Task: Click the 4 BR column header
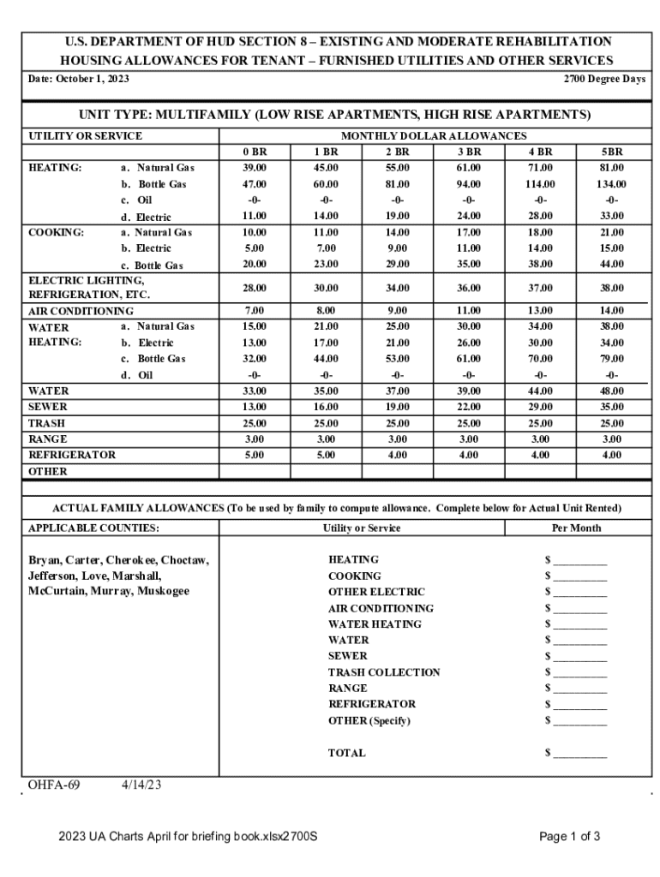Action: point(540,152)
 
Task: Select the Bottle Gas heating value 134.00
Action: point(611,184)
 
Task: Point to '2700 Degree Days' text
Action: point(604,79)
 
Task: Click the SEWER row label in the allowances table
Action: point(48,407)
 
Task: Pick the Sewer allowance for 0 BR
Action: point(255,407)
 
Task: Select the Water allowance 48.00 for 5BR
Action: point(611,391)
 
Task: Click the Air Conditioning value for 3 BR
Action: point(468,311)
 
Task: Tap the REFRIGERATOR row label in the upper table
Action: point(72,455)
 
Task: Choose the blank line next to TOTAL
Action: point(579,754)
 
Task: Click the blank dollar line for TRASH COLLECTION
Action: point(579,673)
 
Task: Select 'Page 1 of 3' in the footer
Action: point(569,837)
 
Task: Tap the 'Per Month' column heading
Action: point(575,528)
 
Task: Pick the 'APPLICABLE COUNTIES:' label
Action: point(93,528)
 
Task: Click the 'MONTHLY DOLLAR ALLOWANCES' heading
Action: point(434,136)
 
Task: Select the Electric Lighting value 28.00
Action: point(255,288)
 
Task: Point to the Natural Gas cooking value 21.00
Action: point(611,232)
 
